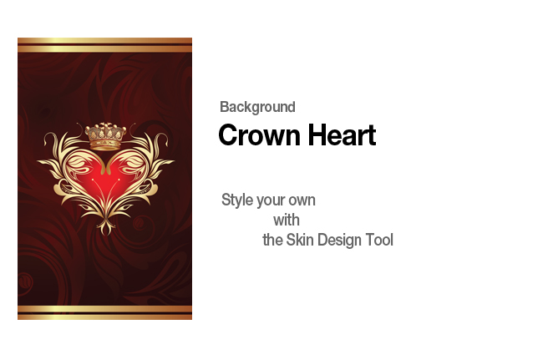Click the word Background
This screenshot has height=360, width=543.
pos(257,107)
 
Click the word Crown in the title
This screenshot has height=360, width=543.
pos(259,135)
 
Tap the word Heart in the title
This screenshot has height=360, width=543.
pos(342,134)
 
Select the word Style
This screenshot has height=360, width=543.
pos(237,200)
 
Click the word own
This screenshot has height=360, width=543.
pos(302,200)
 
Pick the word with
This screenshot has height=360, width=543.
pos(287,221)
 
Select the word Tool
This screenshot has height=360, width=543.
pos(379,240)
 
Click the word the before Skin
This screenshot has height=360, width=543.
pos(272,240)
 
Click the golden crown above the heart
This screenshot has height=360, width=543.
pos(105,136)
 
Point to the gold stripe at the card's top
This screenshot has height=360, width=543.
pos(104,45)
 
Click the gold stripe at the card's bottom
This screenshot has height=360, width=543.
pos(104,312)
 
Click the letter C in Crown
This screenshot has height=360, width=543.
pos(230,135)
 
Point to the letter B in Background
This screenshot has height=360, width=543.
pos(224,107)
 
